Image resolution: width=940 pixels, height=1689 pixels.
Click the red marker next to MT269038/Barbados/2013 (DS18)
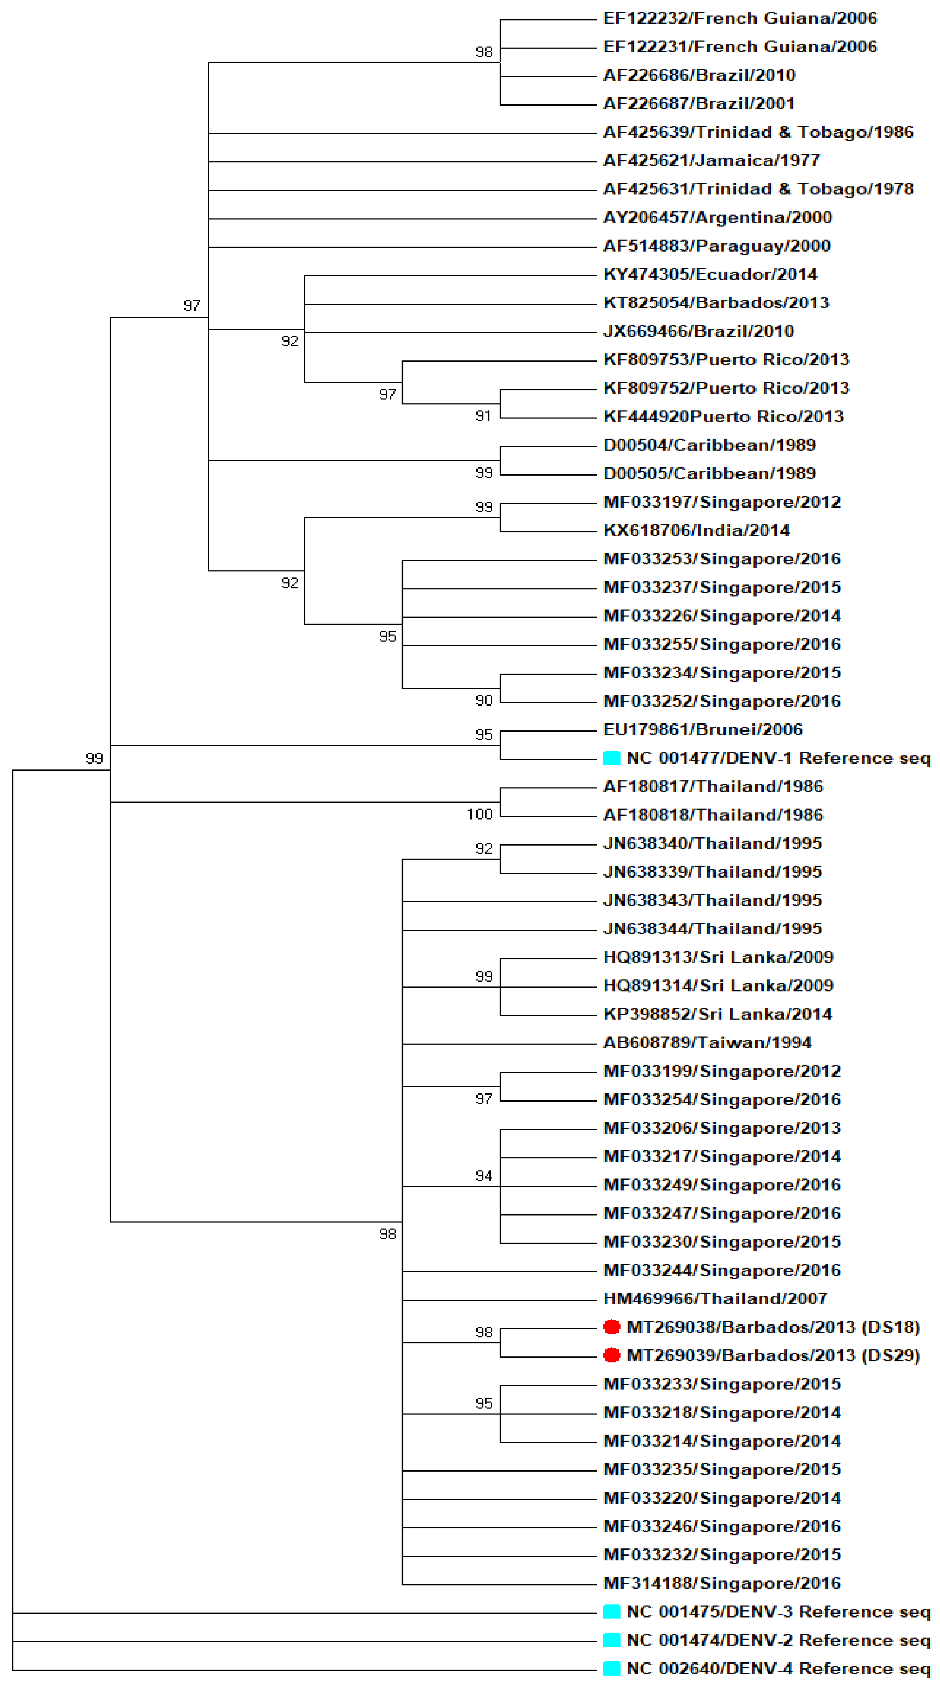coord(611,1326)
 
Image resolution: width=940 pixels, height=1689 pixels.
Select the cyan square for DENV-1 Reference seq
coord(611,758)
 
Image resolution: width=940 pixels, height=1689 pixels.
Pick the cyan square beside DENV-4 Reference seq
coord(611,1668)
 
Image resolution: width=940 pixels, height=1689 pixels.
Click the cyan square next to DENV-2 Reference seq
coord(611,1639)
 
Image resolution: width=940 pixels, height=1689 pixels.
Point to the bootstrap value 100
coord(480,814)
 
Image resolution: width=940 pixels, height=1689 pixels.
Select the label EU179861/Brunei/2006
coord(703,729)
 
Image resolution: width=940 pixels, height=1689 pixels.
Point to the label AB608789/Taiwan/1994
coord(708,1042)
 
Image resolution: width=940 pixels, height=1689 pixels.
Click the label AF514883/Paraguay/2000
coord(717,246)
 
